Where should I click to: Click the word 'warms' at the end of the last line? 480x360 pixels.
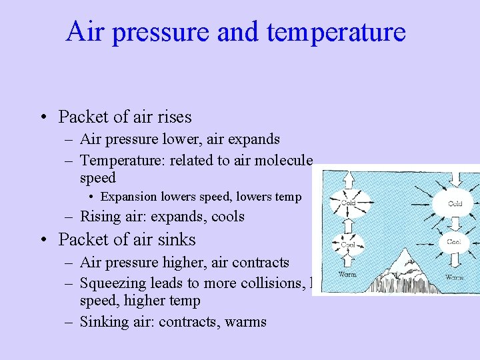245,322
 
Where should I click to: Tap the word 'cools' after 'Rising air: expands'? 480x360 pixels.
227,217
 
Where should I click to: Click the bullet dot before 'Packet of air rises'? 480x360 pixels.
43,118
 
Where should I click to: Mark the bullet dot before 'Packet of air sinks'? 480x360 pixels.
43,240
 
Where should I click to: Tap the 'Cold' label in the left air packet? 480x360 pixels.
348,202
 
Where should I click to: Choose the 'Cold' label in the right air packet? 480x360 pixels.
455,203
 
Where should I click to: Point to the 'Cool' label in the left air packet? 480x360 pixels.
347,244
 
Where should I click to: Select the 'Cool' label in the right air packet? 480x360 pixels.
453,242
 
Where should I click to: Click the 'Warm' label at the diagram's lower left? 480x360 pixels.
347,273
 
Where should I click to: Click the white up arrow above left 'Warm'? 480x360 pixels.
347,259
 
